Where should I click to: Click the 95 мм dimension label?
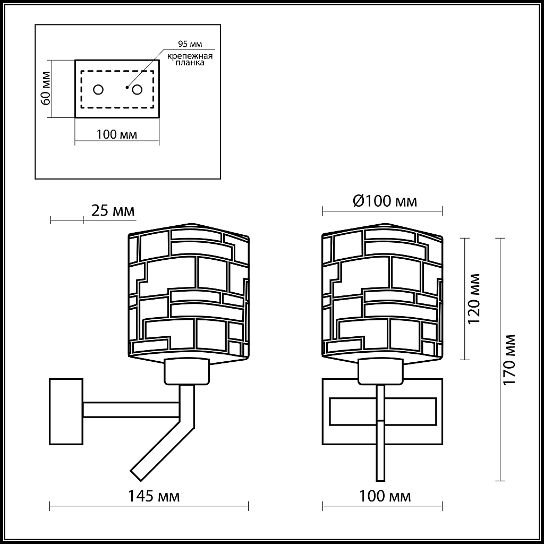(190, 44)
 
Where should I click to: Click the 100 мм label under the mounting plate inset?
(116, 134)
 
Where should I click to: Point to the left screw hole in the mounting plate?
(98, 90)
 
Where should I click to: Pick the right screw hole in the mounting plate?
(137, 90)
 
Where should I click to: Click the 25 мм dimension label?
(113, 211)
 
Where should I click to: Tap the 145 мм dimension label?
(154, 496)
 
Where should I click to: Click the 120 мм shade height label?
(474, 299)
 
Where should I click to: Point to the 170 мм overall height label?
(510, 360)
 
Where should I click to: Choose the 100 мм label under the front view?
(385, 496)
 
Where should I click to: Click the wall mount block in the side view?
(66, 411)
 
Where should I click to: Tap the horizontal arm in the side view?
(130, 410)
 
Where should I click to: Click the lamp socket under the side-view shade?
(186, 371)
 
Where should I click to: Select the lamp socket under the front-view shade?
(380, 371)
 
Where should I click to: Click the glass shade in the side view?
(189, 292)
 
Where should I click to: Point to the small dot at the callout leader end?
(126, 87)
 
